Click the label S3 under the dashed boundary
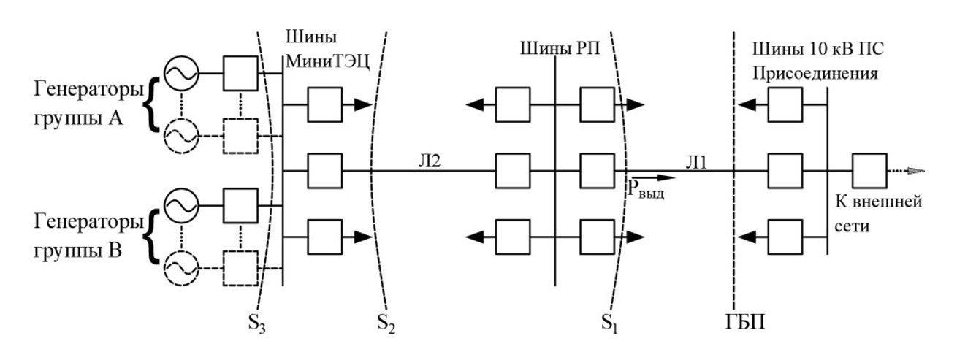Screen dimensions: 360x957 [256, 323]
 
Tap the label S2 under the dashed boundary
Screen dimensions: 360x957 [386, 323]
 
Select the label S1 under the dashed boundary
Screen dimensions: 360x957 [608, 323]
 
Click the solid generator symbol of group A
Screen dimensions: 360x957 [178, 74]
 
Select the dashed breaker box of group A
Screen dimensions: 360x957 [240, 136]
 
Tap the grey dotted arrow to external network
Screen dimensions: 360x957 [906, 172]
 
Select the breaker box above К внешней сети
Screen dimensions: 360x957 [869, 172]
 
